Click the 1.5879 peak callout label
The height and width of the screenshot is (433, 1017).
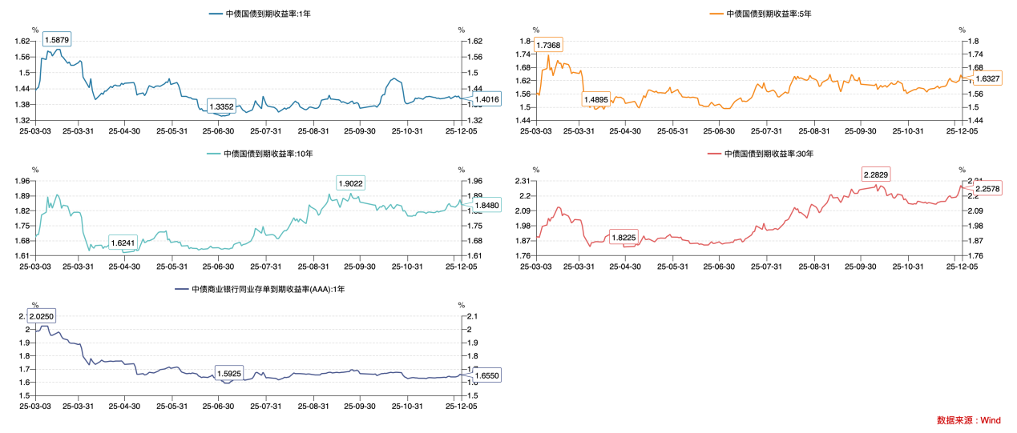[57, 39]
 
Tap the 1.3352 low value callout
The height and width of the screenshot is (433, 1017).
[221, 106]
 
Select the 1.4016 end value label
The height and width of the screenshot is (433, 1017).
[486, 99]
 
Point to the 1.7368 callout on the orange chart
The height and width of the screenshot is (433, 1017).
[549, 45]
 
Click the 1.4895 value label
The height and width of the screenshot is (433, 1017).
[595, 99]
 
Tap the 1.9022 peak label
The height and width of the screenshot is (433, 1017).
[351, 183]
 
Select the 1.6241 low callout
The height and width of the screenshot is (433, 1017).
[123, 242]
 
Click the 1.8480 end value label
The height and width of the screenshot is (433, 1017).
[486, 205]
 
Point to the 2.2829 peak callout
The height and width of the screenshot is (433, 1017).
[876, 174]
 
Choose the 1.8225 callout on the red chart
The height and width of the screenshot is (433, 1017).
[624, 238]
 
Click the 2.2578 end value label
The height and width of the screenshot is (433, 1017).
[988, 188]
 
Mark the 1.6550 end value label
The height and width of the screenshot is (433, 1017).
[486, 375]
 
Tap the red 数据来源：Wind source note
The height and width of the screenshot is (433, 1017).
[968, 420]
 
